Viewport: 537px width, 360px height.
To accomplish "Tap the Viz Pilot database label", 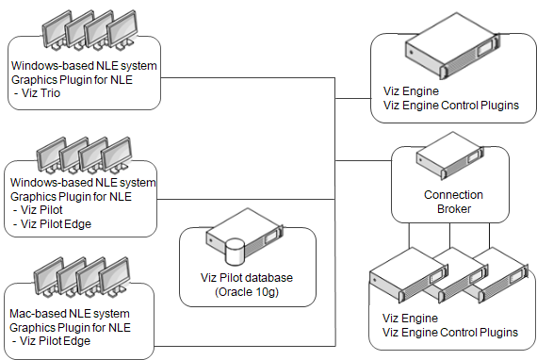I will point(246,277).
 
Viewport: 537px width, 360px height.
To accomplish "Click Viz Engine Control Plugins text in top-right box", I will point(450,106).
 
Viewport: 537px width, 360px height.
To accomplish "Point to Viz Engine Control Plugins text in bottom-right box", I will point(450,333).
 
